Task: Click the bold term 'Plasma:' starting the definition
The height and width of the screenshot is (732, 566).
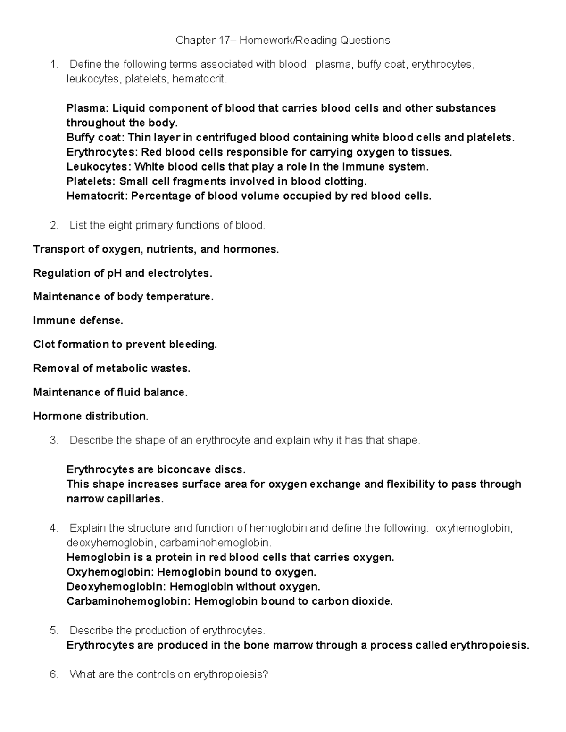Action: coord(88,108)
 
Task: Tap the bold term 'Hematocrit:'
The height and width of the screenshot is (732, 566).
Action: coord(97,196)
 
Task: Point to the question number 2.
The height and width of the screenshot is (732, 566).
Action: coord(54,226)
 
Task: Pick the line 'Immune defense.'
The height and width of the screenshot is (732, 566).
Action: coord(78,321)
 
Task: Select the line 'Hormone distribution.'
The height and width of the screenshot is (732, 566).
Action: coord(91,416)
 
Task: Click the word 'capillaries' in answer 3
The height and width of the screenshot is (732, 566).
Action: coord(133,499)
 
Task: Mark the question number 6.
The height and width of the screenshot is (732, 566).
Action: coord(54,674)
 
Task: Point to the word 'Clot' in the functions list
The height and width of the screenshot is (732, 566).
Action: coord(43,345)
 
